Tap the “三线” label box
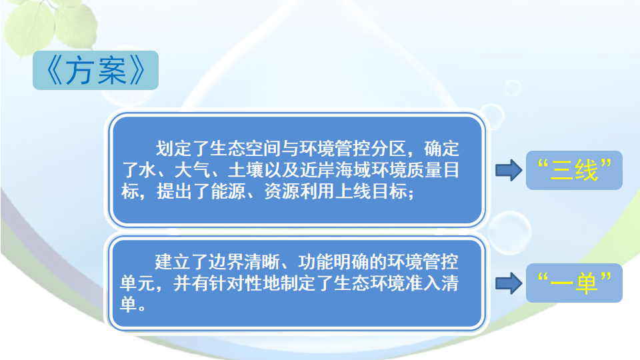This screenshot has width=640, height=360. (574, 170)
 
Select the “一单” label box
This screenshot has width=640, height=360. (574, 283)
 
